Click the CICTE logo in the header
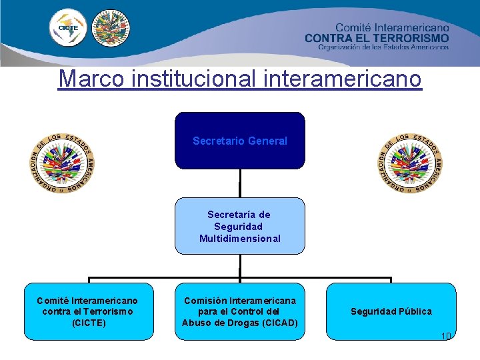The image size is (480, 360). pyautogui.click(x=68, y=28)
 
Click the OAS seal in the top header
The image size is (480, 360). pyautogui.click(x=111, y=27)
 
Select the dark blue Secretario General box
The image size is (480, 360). pyautogui.click(x=240, y=141)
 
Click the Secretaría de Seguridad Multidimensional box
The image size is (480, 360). pyautogui.click(x=240, y=226)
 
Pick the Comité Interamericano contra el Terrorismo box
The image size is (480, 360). pyautogui.click(x=87, y=311)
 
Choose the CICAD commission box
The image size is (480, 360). pyautogui.click(x=240, y=311)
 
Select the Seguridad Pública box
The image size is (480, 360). pyautogui.click(x=391, y=311)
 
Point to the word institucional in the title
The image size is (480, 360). pyautogui.click(x=195, y=79)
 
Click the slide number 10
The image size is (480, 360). pyautogui.click(x=446, y=336)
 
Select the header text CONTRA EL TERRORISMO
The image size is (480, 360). pyautogui.click(x=377, y=38)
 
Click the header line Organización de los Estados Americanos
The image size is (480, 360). pyautogui.click(x=383, y=47)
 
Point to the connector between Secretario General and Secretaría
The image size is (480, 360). pyautogui.click(x=240, y=183)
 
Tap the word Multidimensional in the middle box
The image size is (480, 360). pyautogui.click(x=240, y=239)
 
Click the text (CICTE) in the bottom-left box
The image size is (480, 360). pyautogui.click(x=87, y=323)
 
